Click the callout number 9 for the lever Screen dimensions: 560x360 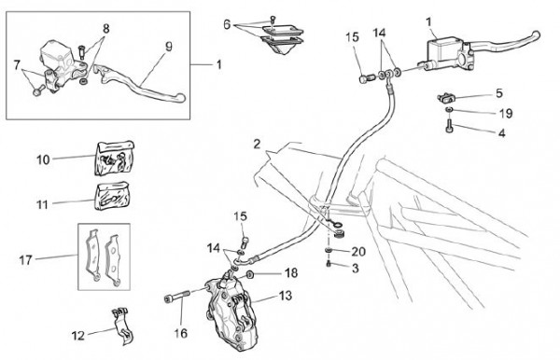169,47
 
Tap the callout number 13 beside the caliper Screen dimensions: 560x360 286,296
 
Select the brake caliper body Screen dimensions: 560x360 232,314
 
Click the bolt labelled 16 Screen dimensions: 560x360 176,297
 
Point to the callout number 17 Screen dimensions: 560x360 26,260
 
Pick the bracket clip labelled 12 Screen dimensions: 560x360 121,325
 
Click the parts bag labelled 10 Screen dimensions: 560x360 115,158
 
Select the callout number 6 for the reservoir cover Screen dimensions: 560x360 227,24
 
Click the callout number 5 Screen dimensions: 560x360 499,93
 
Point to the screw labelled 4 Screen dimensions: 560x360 450,126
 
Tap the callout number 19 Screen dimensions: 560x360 506,114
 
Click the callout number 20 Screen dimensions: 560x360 358,252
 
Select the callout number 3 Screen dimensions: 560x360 355,269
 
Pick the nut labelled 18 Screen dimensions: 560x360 249,275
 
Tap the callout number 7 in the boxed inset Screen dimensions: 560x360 17,65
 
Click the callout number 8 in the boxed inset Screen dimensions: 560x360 106,29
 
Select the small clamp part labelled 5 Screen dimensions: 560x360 446,97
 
